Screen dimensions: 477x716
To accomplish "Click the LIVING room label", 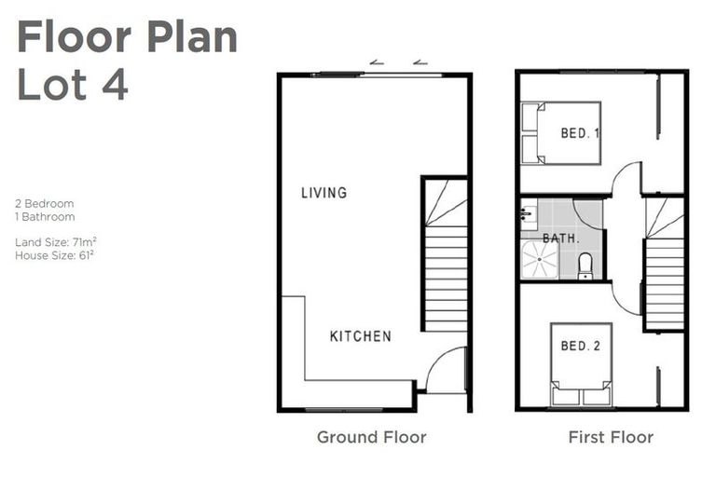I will (324, 193).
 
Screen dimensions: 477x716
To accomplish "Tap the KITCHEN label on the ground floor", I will (360, 336).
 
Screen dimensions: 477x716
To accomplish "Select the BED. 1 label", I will (579, 133).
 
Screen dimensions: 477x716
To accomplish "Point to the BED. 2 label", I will (580, 347).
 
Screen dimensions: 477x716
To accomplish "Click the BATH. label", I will (561, 238).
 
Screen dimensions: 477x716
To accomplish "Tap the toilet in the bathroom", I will (585, 266).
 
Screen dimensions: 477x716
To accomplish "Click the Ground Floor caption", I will (371, 437).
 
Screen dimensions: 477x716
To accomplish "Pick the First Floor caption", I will (611, 437).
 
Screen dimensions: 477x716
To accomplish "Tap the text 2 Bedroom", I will (44, 203).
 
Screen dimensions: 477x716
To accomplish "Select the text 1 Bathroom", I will (44, 217).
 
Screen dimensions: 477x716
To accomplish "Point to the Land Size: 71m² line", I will (56, 241).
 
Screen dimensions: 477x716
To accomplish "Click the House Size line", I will (53, 254).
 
